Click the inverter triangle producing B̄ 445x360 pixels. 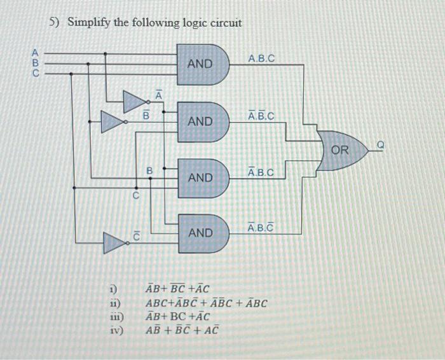point(113,121)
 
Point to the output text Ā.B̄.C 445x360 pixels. point(261,116)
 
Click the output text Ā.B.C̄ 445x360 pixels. point(261,228)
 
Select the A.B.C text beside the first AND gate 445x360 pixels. point(261,59)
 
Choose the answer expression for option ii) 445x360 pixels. point(207,303)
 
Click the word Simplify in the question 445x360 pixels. point(89,23)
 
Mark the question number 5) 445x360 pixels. point(55,23)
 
